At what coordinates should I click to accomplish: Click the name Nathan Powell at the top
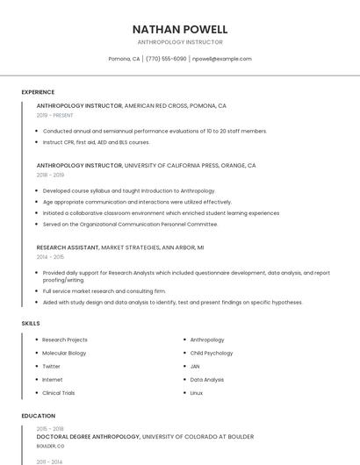coord(179,29)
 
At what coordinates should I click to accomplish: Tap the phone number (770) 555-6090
coord(167,59)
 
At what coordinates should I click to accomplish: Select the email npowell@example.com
coord(222,59)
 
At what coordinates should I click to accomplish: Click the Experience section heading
coord(38,92)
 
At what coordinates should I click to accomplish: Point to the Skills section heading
coord(31,324)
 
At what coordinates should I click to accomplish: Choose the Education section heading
coord(38,416)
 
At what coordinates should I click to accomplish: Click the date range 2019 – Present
coord(54,115)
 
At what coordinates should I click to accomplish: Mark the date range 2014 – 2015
coord(50,257)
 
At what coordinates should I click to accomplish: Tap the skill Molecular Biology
coord(64,353)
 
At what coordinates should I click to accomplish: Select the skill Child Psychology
coord(212,353)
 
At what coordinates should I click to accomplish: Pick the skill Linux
coord(197,393)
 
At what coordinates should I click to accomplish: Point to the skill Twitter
coord(51,366)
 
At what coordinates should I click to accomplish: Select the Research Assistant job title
coord(68,247)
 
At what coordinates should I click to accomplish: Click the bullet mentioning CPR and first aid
coord(96,141)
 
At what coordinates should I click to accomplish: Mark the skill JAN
coord(195,366)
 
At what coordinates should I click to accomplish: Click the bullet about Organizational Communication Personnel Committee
coord(130,224)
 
